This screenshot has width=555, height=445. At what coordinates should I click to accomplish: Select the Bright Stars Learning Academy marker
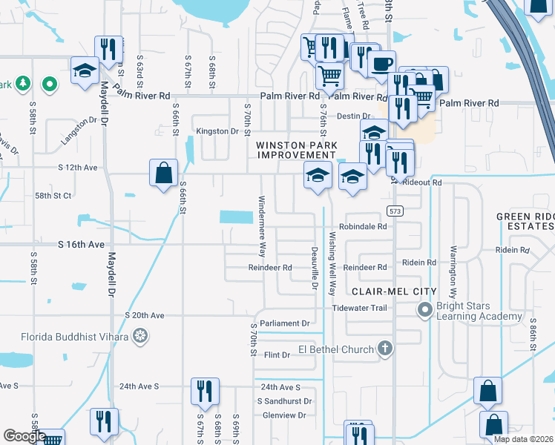(424, 309)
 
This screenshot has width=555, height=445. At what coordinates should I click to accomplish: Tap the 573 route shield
(394, 211)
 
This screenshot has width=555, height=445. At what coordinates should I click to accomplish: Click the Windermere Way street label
(261, 222)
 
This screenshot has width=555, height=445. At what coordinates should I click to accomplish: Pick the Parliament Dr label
(286, 323)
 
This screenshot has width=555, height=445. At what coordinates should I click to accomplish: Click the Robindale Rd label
(364, 227)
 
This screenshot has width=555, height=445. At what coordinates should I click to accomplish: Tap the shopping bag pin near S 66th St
(162, 174)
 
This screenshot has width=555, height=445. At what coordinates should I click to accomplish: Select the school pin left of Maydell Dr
(85, 71)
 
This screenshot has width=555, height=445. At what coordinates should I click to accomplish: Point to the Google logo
(24, 436)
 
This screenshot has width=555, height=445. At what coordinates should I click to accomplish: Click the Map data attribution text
(524, 439)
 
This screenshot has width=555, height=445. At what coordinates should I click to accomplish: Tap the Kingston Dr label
(217, 131)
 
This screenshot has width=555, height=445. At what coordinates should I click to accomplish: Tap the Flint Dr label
(277, 355)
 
